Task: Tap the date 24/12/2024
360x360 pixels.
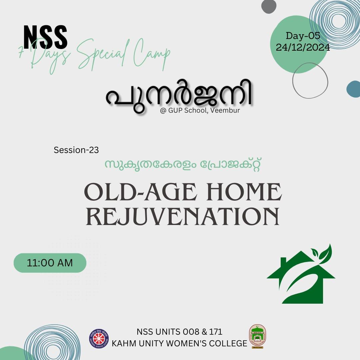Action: pos(303,48)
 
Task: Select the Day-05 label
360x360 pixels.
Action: pos(303,36)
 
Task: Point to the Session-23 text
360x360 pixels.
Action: pos(76,150)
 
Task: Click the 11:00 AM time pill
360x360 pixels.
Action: pos(50,263)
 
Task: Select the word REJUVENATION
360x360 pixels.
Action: pos(183,216)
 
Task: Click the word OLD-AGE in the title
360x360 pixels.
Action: pos(141,192)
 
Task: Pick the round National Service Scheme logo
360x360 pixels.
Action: pos(99,338)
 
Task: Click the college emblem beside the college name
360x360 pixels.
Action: pos(257,336)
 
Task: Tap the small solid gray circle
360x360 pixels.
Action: pos(269,6)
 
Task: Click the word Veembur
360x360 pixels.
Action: pos(225,110)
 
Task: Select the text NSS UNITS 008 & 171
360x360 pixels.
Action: pos(179,332)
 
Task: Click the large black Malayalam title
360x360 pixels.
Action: pos(179,96)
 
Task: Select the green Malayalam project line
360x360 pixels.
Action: pos(183,164)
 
